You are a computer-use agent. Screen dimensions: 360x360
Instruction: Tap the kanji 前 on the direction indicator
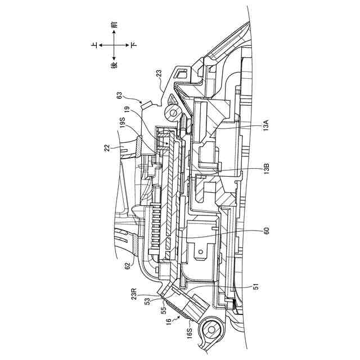coord(114,25)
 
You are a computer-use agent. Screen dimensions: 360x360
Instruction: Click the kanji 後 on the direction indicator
coord(114,65)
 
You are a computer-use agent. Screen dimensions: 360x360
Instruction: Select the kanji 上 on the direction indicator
coord(94,44)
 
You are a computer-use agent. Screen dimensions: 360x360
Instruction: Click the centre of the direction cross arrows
coord(114,45)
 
